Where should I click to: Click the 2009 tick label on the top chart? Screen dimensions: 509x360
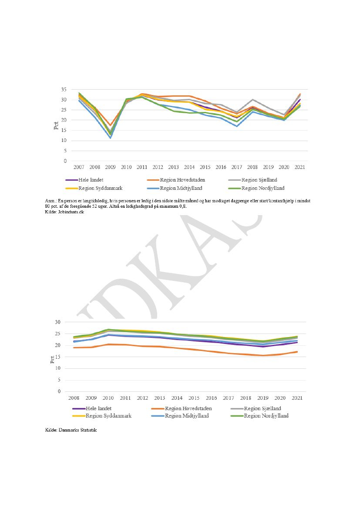click(111, 167)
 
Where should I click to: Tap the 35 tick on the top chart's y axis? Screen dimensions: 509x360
click(64, 89)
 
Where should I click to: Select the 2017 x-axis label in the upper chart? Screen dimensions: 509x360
click(236, 167)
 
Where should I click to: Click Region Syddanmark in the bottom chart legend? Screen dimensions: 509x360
click(108, 416)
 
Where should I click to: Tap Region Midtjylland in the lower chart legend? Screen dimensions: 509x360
click(187, 416)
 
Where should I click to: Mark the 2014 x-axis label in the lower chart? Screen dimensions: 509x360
click(177, 398)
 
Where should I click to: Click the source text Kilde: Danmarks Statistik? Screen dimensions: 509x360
click(71, 430)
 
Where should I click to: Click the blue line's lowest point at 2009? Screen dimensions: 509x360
click(111, 138)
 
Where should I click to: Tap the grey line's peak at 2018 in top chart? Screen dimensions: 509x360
click(252, 100)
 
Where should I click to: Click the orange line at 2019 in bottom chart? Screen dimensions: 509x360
click(263, 355)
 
